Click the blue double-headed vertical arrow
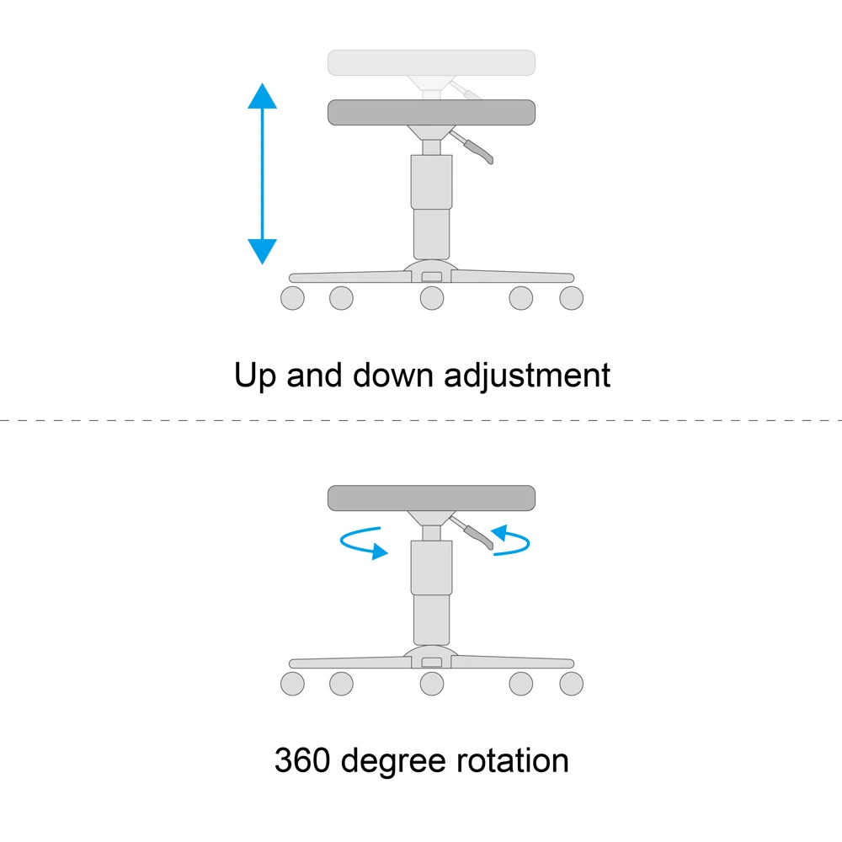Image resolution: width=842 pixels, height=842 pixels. [262, 173]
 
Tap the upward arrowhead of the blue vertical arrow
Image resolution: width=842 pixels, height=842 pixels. [262, 96]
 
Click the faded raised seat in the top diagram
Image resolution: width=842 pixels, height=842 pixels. [431, 61]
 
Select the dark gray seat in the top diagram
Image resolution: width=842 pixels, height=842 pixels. [431, 112]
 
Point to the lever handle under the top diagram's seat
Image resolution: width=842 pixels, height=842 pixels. [482, 152]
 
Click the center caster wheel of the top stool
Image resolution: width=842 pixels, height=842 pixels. [432, 297]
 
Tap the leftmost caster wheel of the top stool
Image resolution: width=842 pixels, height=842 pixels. [292, 297]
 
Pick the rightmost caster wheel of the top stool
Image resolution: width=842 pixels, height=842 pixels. [571, 297]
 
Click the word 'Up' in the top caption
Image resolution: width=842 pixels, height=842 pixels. [255, 376]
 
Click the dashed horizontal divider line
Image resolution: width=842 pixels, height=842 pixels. [421, 418]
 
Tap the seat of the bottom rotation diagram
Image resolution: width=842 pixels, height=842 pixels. [431, 498]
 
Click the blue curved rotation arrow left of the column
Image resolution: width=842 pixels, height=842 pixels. [363, 542]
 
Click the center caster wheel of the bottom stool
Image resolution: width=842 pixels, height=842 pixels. [432, 684]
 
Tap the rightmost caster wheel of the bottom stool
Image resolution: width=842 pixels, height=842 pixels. [571, 684]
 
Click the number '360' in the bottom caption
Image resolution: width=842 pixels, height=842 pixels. [303, 761]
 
